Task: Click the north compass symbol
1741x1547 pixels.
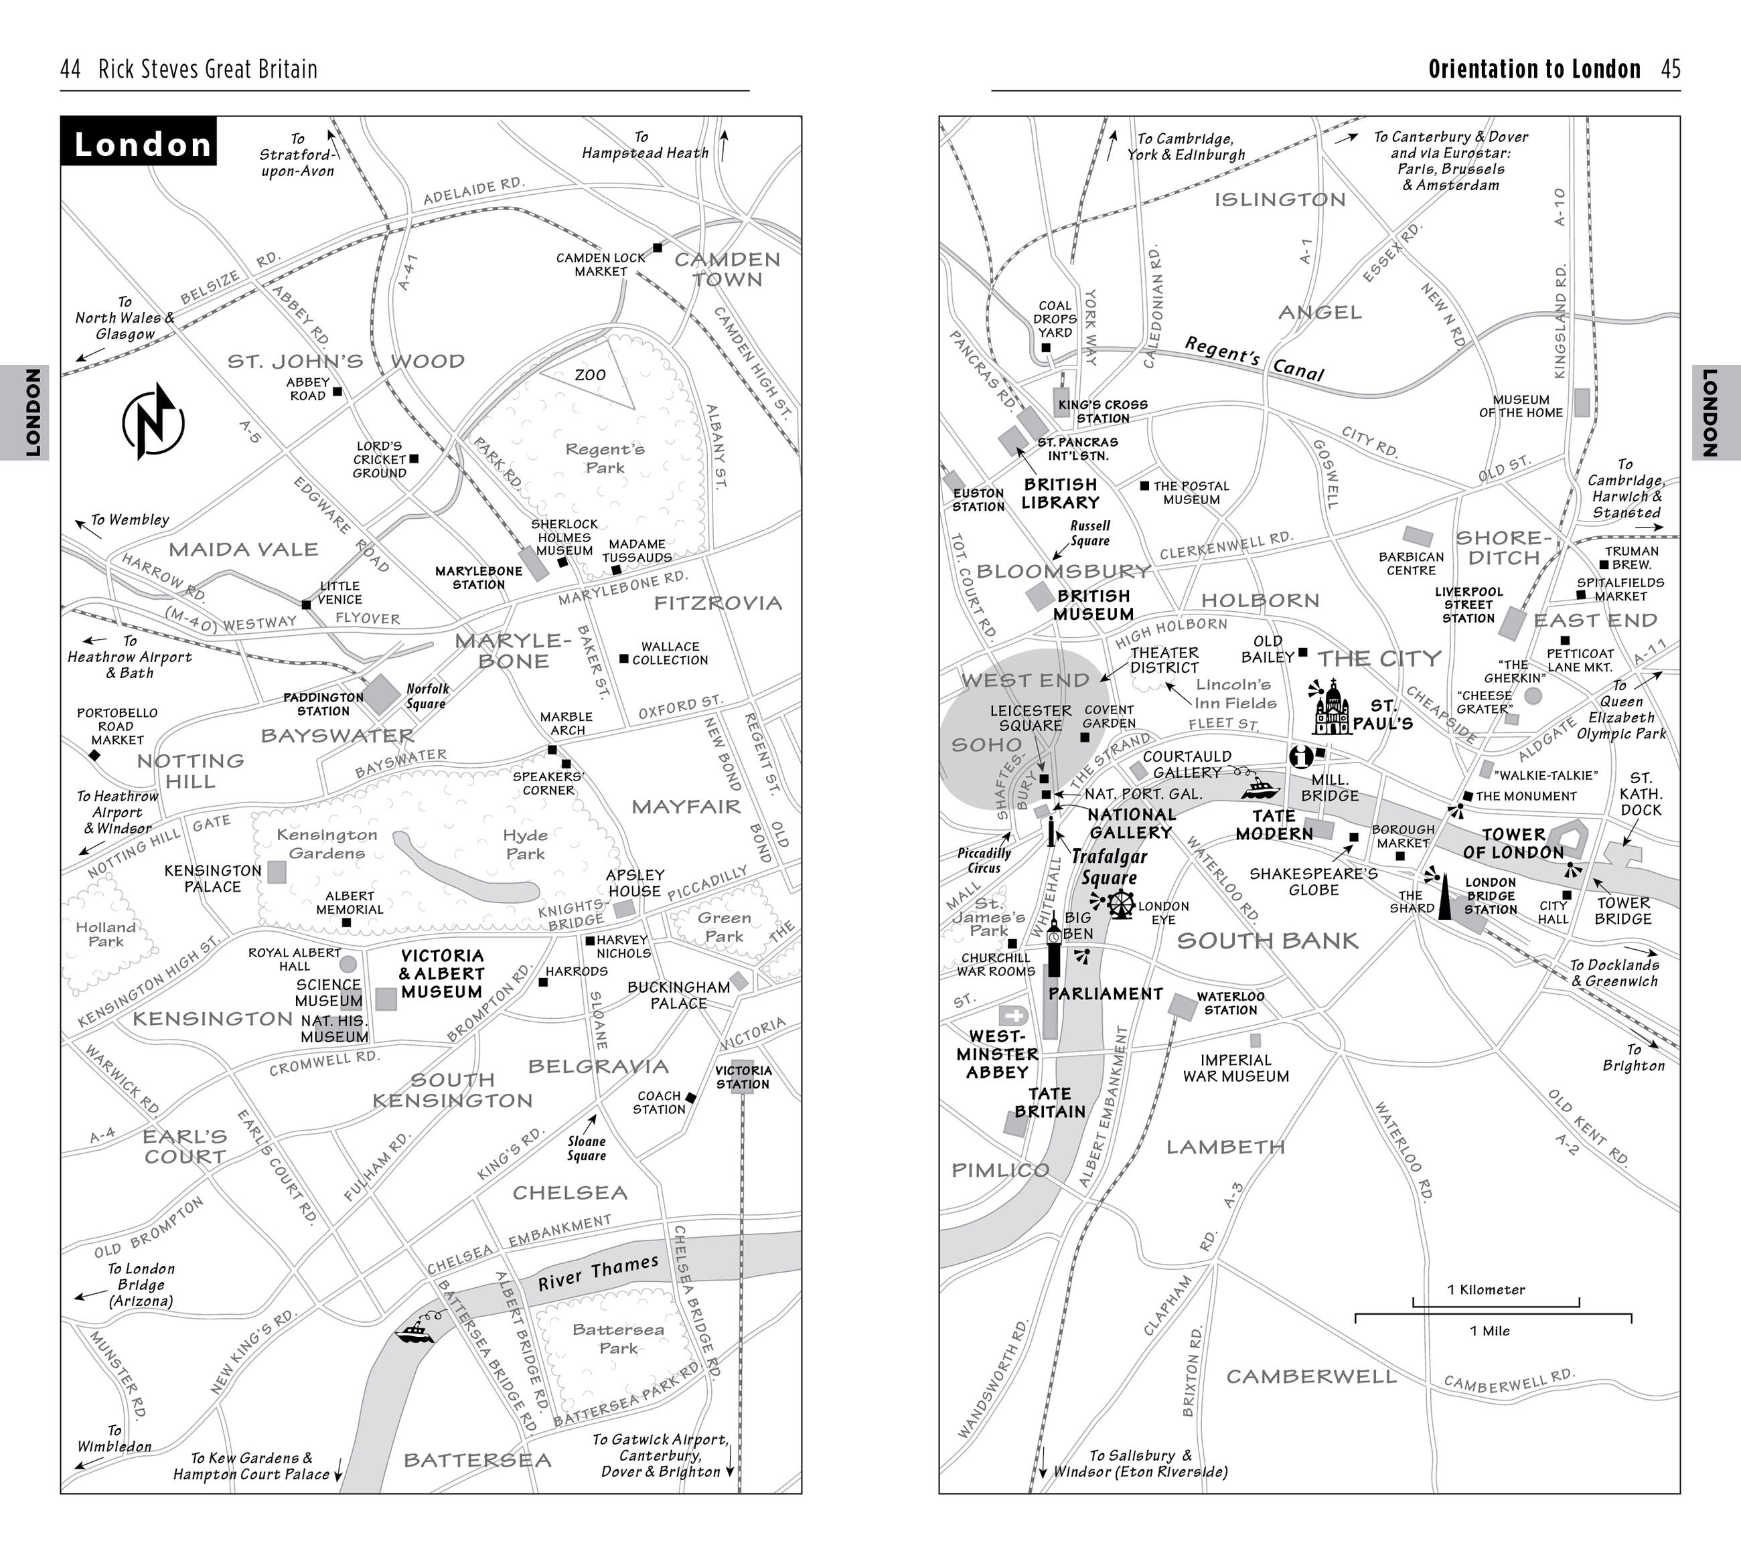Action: point(153,422)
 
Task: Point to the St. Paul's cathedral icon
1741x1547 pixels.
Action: point(1332,708)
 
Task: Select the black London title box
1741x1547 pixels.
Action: point(139,141)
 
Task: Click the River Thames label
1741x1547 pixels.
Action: point(598,1273)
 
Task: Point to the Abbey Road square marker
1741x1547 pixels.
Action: point(337,392)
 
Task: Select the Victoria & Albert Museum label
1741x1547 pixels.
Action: point(441,974)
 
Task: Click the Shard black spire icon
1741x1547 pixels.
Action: point(1444,900)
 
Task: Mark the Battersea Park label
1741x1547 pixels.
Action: point(617,1338)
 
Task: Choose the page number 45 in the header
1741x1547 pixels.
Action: point(1670,69)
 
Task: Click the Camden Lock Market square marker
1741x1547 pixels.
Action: point(658,248)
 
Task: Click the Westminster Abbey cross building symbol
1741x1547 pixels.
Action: point(1014,1015)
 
